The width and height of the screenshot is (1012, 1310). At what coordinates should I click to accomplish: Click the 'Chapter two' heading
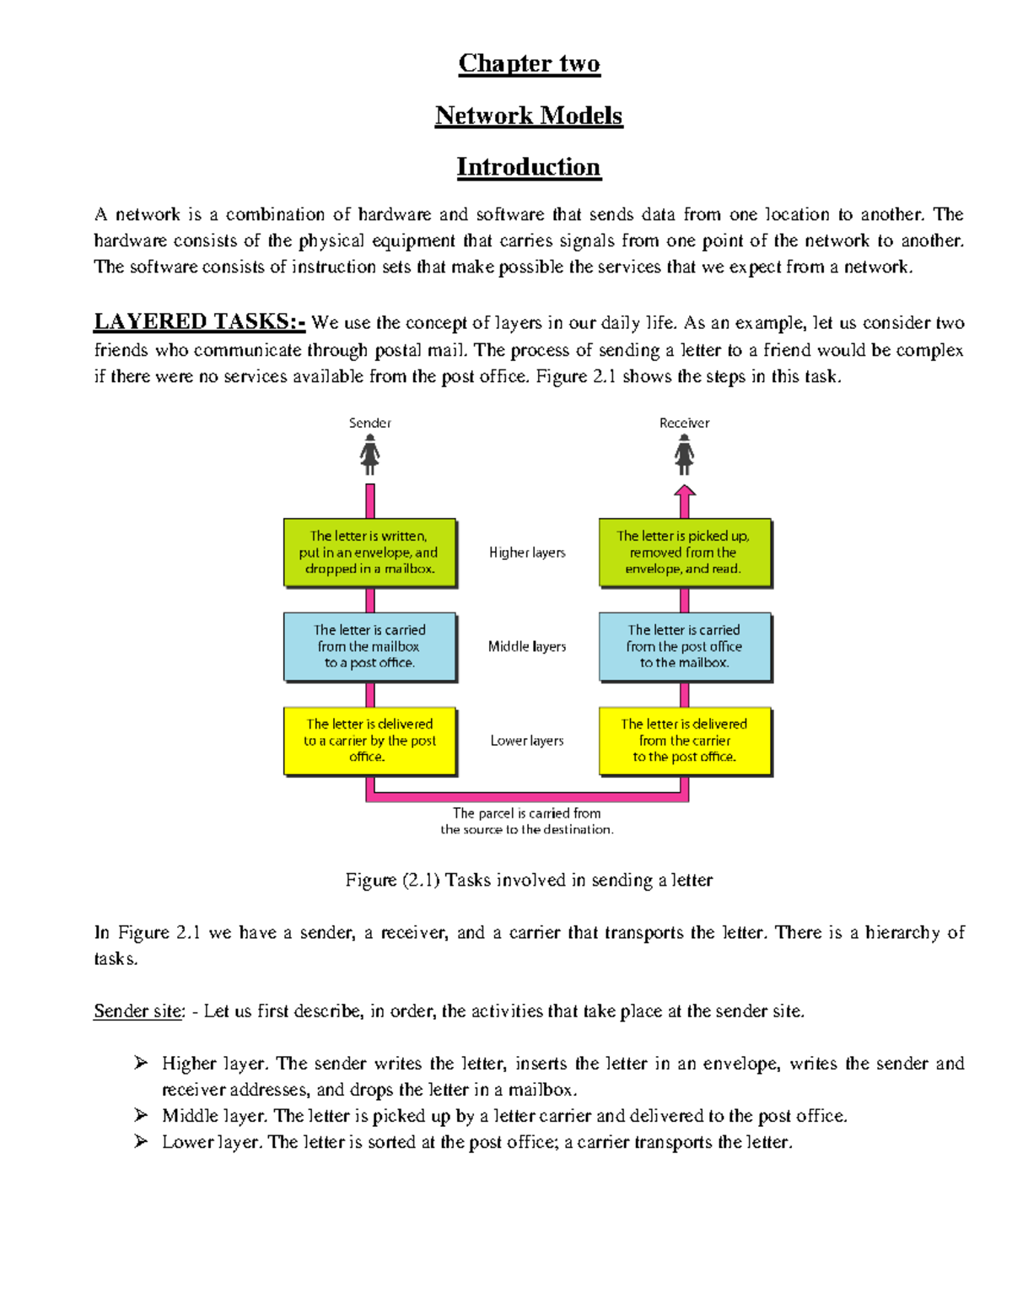point(529,63)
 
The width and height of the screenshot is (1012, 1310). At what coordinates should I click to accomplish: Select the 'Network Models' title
point(529,116)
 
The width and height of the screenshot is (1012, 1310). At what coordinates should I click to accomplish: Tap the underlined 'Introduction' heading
point(529,167)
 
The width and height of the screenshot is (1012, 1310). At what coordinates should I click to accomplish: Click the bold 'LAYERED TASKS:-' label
point(199,321)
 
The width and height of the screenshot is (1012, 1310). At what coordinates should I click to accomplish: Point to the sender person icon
point(369,455)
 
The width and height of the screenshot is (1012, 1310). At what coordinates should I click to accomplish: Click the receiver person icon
point(684,455)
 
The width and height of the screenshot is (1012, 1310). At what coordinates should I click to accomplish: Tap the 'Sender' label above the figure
point(369,423)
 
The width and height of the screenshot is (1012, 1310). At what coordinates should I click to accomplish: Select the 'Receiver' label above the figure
point(684,423)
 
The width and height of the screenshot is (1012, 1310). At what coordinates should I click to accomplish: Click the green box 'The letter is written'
point(369,553)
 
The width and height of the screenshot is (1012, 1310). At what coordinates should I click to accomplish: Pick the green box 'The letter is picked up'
point(684,553)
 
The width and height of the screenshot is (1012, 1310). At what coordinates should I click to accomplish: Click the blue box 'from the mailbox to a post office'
point(369,646)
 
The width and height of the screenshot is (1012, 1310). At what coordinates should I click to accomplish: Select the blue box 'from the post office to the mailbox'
point(684,646)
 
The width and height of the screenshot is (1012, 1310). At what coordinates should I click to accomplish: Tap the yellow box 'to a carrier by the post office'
point(369,741)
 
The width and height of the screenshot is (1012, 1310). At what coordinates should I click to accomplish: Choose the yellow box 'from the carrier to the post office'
point(684,741)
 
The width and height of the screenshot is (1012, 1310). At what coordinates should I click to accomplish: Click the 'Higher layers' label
point(527,553)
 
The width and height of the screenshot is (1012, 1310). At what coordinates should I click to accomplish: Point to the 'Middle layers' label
point(527,646)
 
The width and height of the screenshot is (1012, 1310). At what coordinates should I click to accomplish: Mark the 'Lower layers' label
point(527,741)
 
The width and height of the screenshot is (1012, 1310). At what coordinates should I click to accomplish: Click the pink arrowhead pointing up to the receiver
point(685,492)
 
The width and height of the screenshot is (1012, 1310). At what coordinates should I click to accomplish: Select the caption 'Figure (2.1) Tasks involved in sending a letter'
point(529,880)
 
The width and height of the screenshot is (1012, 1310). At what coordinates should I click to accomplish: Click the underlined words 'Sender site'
point(138,1011)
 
